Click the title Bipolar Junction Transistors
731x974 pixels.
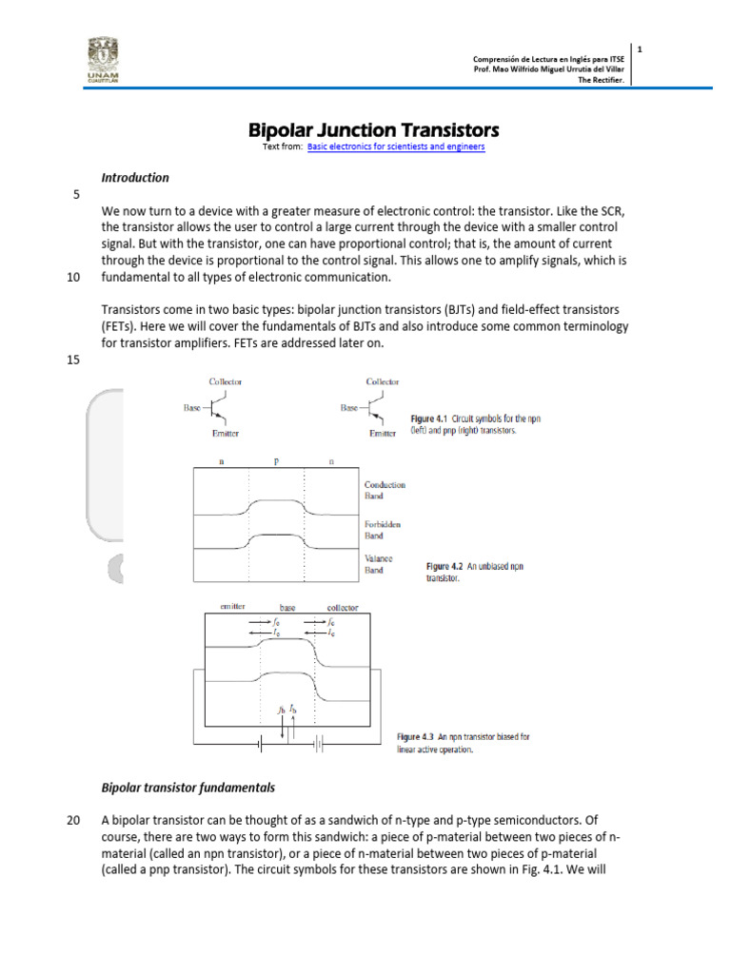[x=373, y=129]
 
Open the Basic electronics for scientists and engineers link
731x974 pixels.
[x=396, y=147]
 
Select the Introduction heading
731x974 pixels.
[x=135, y=177]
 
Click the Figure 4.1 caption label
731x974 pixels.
[x=430, y=419]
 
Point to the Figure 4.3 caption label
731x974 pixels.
[x=415, y=736]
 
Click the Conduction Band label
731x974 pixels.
[x=385, y=490]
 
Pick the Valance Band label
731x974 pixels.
[x=379, y=564]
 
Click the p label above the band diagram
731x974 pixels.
[x=276, y=461]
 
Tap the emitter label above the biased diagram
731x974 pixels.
[x=233, y=606]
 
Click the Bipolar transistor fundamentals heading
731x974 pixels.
[x=188, y=788]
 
